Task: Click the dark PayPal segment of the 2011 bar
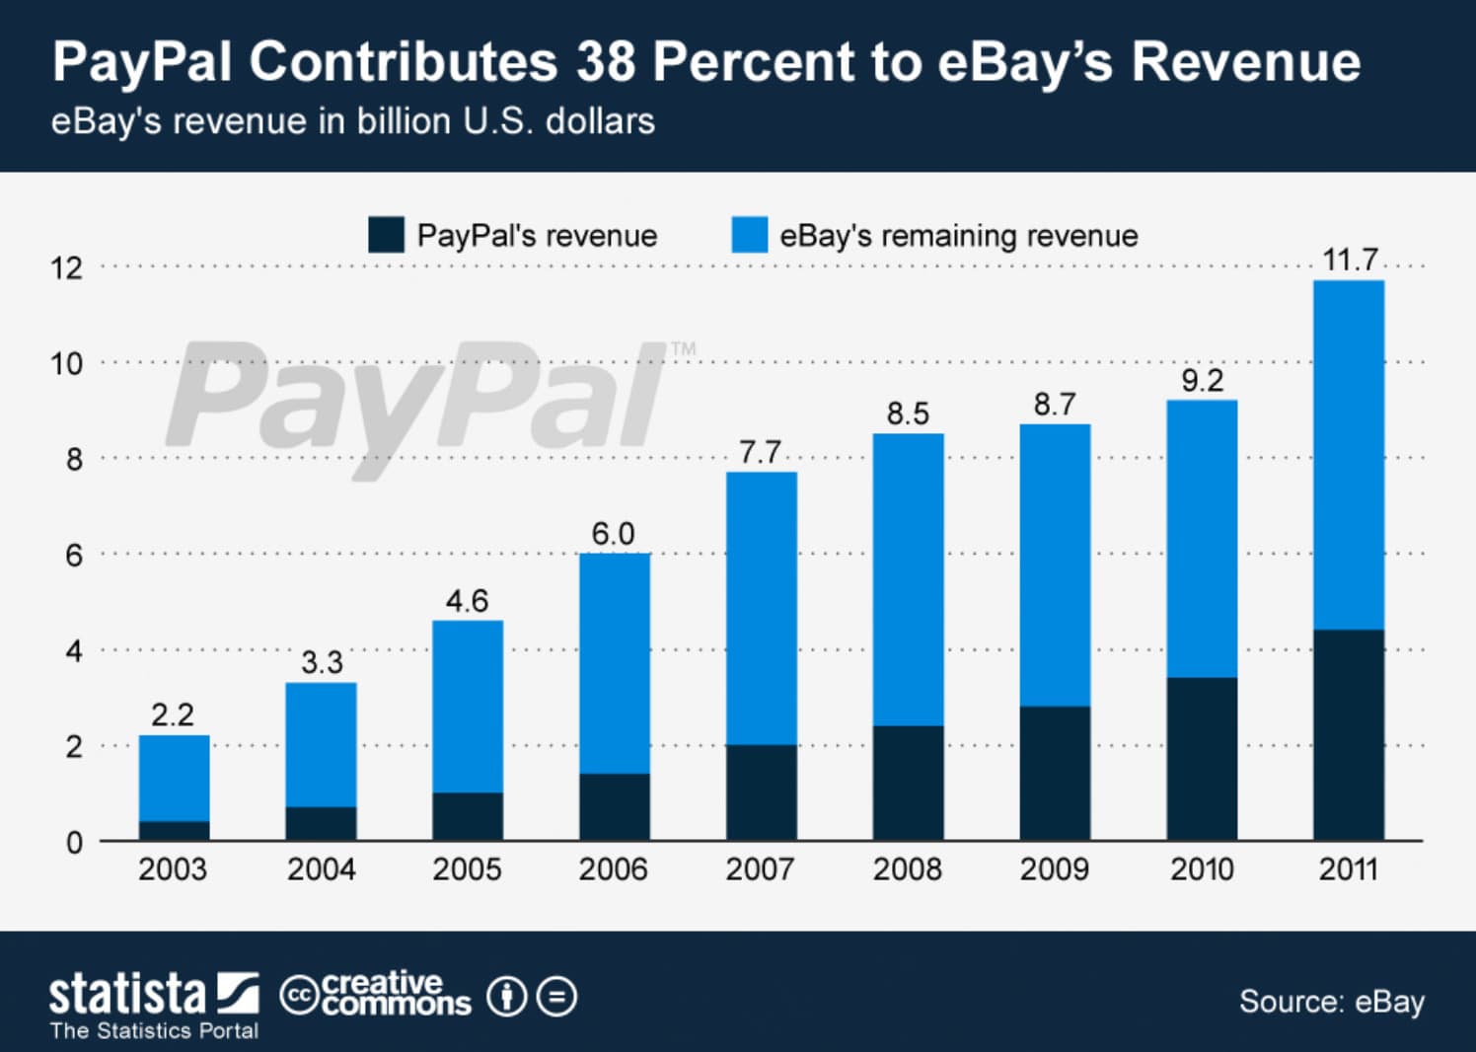pos(1348,735)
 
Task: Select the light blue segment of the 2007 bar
pos(761,608)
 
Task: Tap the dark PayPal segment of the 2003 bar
pos(174,831)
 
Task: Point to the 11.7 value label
pos(1349,260)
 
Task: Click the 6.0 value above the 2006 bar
pos(613,534)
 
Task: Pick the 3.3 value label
pos(322,662)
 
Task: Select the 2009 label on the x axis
pos(1054,869)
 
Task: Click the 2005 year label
pos(467,869)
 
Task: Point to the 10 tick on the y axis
pos(67,364)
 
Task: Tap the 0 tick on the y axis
pos(74,843)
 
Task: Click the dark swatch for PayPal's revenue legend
pos(386,235)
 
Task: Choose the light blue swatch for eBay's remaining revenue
pos(749,235)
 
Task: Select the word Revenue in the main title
pos(1245,61)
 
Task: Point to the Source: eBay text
pos(1331,1002)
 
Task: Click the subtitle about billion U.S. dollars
pos(352,121)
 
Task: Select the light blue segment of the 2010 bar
pos(1201,539)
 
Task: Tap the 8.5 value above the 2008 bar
pos(908,413)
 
